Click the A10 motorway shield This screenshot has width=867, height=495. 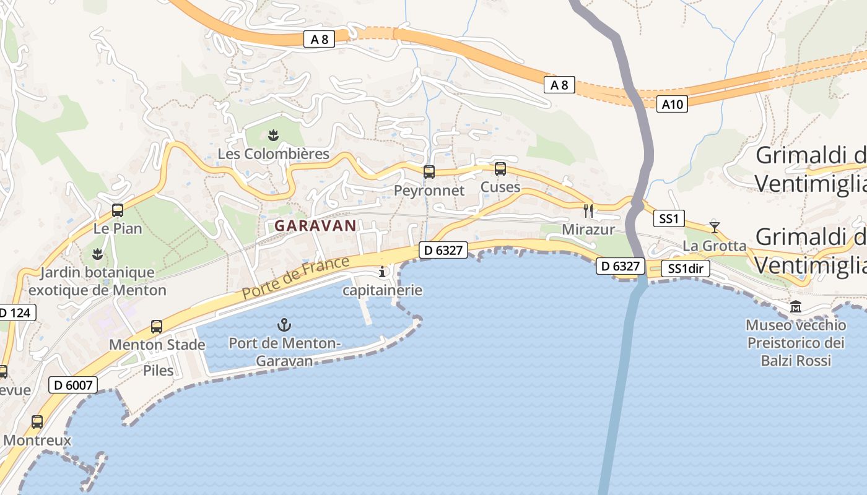pyautogui.click(x=672, y=105)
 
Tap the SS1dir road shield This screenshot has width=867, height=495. pyautogui.click(x=686, y=269)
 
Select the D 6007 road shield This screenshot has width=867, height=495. pyautogui.click(x=73, y=385)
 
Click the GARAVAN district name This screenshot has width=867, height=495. pyautogui.click(x=316, y=226)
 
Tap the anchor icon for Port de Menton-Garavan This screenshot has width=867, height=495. pyautogui.click(x=284, y=324)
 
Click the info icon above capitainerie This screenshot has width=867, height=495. pyautogui.click(x=382, y=272)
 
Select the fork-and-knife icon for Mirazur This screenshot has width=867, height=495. pyautogui.click(x=588, y=211)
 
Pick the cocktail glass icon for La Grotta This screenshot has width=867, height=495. pyautogui.click(x=715, y=227)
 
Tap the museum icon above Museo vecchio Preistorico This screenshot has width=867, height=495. pyautogui.click(x=796, y=306)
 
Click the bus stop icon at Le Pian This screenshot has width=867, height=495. pyautogui.click(x=118, y=210)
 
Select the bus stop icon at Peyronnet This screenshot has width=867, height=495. pyautogui.click(x=429, y=172)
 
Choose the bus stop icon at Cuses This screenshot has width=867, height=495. pyautogui.click(x=500, y=168)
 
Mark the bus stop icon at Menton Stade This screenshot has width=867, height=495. pyautogui.click(x=157, y=327)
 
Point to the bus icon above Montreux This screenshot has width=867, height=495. pyautogui.click(x=37, y=422)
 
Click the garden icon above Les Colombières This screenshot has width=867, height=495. pyautogui.click(x=273, y=135)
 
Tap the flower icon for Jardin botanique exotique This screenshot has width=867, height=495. pyautogui.click(x=97, y=254)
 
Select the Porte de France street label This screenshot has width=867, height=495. pyautogui.click(x=296, y=278)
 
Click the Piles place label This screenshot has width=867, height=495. pyautogui.click(x=159, y=371)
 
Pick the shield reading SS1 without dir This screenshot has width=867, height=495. pyautogui.click(x=669, y=218)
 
